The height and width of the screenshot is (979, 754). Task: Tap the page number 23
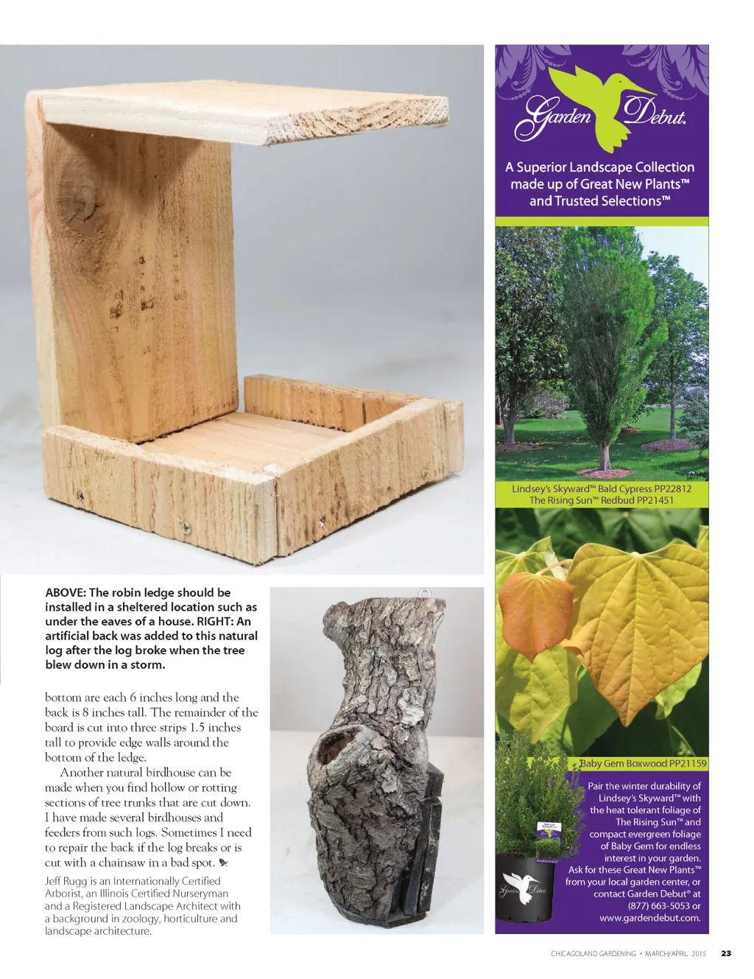(726, 953)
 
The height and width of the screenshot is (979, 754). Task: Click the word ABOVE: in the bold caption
(66, 593)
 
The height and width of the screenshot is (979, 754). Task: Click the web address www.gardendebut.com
(649, 918)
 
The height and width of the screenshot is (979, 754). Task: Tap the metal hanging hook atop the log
(425, 594)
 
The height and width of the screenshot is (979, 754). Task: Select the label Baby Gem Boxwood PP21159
(643, 764)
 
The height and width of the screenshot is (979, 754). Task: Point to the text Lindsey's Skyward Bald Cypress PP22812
(602, 488)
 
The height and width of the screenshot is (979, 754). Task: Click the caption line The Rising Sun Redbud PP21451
(602, 500)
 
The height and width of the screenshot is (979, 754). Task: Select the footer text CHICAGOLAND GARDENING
(593, 954)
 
